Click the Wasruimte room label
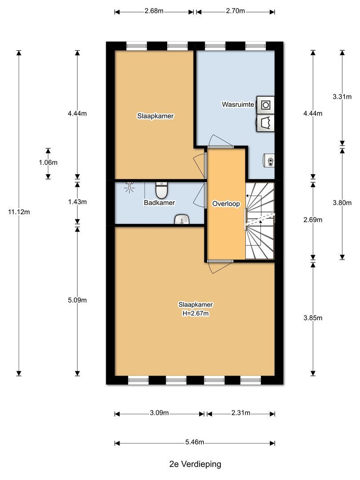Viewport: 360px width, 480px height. (x=238, y=104)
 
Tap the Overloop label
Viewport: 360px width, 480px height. (x=226, y=204)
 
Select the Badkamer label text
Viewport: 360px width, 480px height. (x=159, y=203)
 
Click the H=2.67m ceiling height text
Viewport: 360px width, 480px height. (x=196, y=313)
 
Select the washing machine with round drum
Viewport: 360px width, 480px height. (x=266, y=104)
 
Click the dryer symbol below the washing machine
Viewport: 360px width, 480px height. (x=266, y=123)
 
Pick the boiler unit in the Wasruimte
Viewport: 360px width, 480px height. (x=269, y=159)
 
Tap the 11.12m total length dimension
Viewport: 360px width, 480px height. (x=19, y=212)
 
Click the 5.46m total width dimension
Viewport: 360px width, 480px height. (x=195, y=442)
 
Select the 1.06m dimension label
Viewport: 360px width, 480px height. (x=48, y=163)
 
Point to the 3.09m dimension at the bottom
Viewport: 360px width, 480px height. (x=160, y=413)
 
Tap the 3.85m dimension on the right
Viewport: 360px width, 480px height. (x=312, y=318)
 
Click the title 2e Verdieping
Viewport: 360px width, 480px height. (x=195, y=464)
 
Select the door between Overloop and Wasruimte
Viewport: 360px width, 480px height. (x=221, y=146)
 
